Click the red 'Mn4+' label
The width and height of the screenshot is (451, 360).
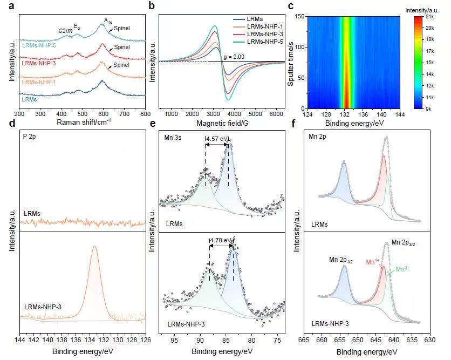[x=373, y=262]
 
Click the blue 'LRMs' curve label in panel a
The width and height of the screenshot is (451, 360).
[x=30, y=99]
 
